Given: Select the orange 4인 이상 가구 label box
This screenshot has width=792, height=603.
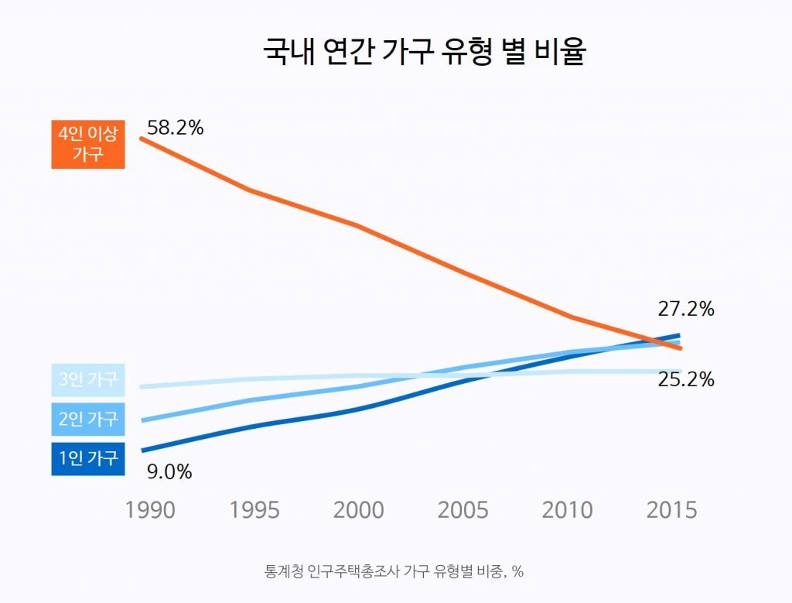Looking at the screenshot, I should [88, 143].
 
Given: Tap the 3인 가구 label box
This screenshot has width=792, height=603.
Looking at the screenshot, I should [88, 379].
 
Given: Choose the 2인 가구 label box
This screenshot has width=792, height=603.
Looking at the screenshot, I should [88, 419].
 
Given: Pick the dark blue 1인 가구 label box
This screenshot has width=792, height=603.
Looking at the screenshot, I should [88, 458].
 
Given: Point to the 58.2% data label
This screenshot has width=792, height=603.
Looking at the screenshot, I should [176, 128].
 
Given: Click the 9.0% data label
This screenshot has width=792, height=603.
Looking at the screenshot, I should [169, 471].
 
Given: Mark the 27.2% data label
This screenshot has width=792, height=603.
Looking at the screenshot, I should [686, 309].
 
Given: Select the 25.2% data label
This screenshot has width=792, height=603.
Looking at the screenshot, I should [686, 380].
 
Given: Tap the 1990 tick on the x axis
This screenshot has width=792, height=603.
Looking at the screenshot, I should [150, 510].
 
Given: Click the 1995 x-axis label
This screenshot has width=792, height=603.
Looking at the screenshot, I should [254, 510].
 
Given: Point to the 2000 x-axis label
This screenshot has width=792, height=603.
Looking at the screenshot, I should [359, 510].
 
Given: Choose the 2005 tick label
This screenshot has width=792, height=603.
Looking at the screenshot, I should [463, 510].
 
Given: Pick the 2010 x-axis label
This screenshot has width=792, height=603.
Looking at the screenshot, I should [568, 510].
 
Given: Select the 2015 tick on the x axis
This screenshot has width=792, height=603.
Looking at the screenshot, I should [671, 510].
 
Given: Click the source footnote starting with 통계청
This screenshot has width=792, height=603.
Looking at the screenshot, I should [394, 572].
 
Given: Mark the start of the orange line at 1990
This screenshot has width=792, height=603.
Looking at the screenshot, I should [142, 139].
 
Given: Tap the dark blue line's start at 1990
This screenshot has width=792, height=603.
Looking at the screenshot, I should [142, 450].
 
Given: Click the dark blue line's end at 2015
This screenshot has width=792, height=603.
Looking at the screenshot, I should [678, 335].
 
